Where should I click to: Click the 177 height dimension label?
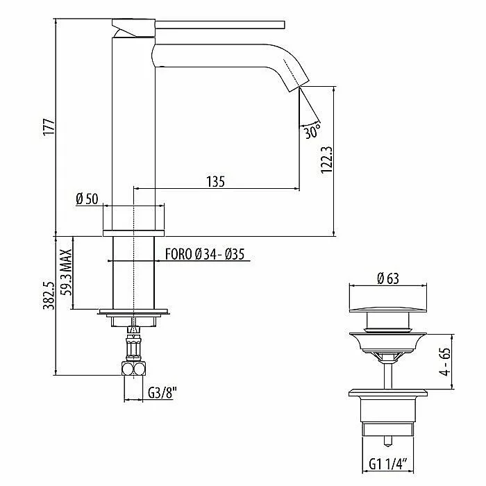pos(49,126)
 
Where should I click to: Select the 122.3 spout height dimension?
pos(327,160)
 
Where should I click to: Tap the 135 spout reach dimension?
pos(215,182)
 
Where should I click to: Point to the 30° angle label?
pos(312,131)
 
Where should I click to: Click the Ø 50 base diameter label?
pos(87,199)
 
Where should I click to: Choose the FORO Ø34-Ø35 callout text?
pos(205,254)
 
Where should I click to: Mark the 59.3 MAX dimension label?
pos(67,272)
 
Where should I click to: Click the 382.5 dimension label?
pos(49,296)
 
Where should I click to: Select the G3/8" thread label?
pos(162,393)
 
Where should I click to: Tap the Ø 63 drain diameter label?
pos(388,278)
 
